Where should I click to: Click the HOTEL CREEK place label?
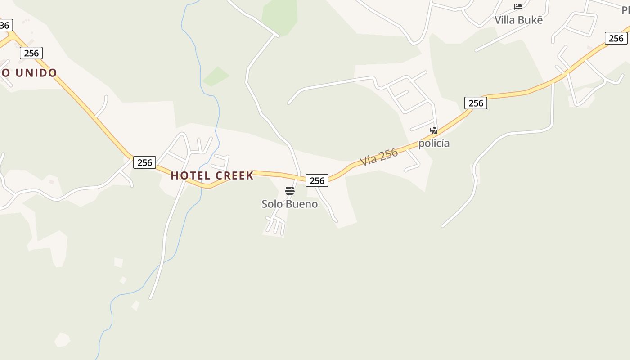tap(212, 175)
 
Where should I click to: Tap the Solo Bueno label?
tap(289, 204)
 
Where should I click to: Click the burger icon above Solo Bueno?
tap(290, 191)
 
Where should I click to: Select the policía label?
tap(434, 143)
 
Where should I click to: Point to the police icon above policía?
tap(434, 130)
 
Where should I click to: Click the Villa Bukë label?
tap(518, 20)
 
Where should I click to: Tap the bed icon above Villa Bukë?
tap(518, 6)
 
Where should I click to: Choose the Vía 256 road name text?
tap(379, 157)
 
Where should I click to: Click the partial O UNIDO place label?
tap(29, 72)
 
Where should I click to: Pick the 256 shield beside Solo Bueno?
tap(317, 180)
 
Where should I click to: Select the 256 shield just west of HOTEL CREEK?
tap(144, 162)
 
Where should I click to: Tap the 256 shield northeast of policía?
tap(476, 103)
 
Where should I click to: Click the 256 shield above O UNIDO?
tap(31, 53)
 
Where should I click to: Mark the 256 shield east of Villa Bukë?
tap(616, 38)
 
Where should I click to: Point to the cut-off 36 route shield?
tap(5, 25)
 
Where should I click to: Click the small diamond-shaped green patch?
tap(216, 76)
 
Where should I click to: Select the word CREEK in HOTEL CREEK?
tap(234, 175)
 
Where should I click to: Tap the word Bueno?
tap(302, 204)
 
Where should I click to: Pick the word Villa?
tap(504, 20)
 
